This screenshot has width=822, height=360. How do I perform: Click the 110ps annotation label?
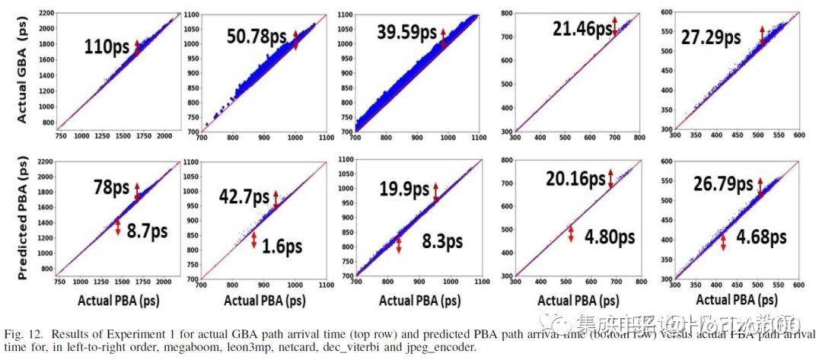(x=107, y=47)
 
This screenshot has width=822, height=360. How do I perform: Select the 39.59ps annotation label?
(x=406, y=33)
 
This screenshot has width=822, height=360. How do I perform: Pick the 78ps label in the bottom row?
(x=108, y=188)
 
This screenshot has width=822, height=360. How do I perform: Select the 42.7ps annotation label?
(x=244, y=196)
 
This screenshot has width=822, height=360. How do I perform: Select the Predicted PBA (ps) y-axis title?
(x=22, y=215)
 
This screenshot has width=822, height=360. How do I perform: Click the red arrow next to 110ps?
(x=137, y=47)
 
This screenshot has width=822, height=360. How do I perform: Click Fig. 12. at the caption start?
(x=24, y=334)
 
